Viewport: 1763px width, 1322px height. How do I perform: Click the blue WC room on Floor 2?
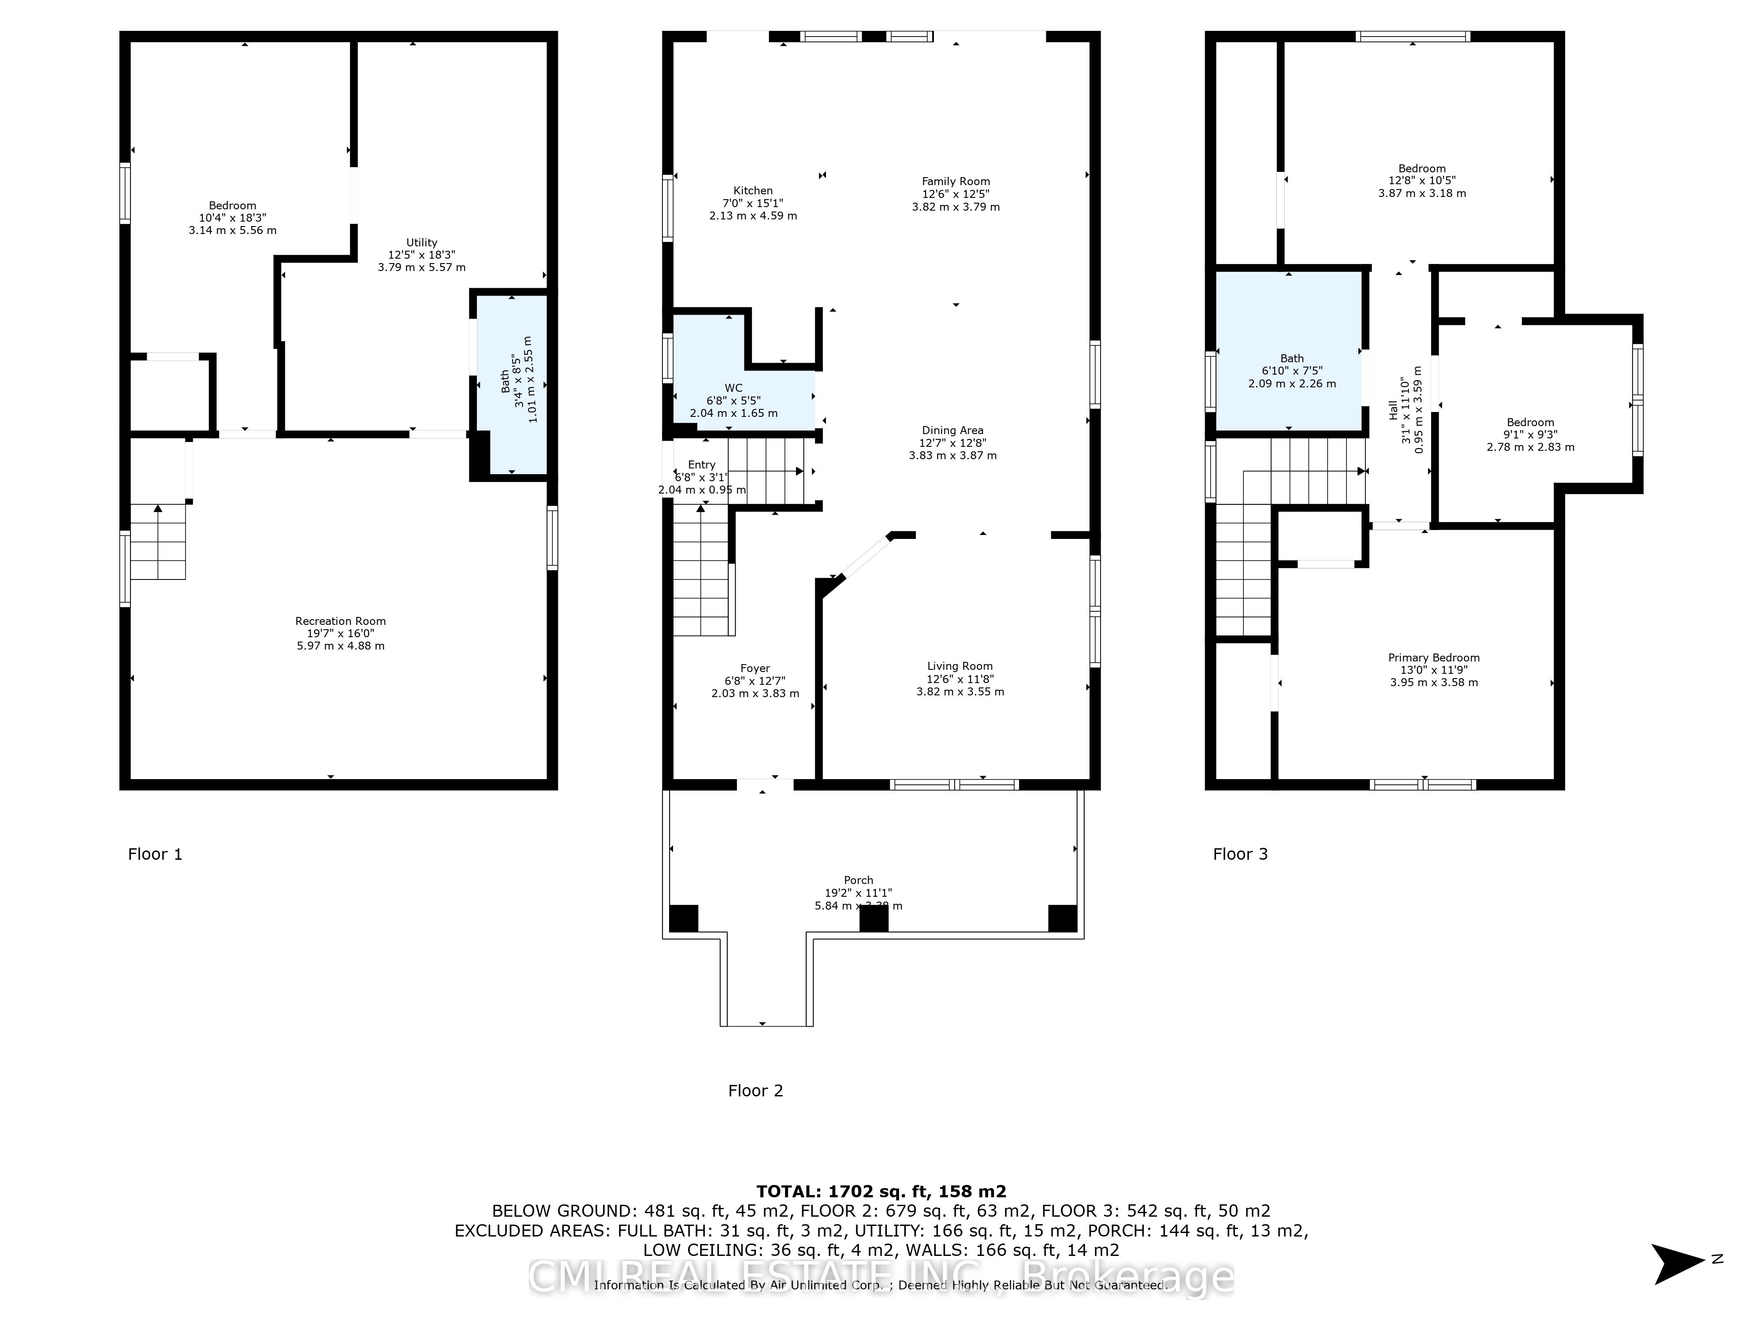coord(741,401)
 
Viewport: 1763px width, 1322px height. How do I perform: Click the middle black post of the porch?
coord(874,918)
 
